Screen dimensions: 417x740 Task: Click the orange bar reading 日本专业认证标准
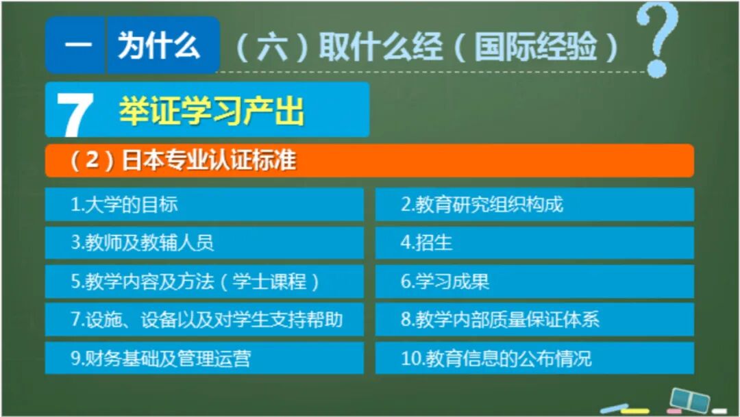point(369,161)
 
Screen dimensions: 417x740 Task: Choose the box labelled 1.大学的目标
point(204,204)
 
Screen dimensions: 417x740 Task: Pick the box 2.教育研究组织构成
point(534,204)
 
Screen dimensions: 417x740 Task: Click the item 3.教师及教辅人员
point(204,242)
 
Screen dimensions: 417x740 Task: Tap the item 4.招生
point(534,242)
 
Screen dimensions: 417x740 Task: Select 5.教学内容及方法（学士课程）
point(204,281)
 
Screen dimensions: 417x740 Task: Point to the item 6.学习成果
point(534,281)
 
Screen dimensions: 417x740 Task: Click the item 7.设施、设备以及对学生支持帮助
point(204,320)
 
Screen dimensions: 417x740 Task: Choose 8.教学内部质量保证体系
point(534,320)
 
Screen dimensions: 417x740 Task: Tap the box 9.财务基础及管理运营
point(204,358)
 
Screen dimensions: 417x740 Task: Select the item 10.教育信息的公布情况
point(534,358)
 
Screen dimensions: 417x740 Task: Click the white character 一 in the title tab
point(75,47)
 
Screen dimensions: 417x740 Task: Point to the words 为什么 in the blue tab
point(159,46)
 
